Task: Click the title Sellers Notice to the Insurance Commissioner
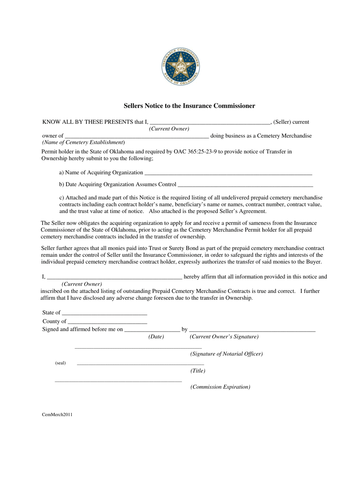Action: click(x=189, y=106)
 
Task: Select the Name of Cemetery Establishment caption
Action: click(x=83, y=142)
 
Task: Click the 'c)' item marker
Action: click(x=62, y=198)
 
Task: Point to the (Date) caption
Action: click(x=156, y=336)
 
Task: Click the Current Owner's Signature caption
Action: click(x=224, y=337)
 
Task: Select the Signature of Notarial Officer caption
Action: click(x=226, y=354)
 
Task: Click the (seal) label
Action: click(x=60, y=363)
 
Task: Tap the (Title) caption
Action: click(x=198, y=371)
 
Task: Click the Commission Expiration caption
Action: click(x=220, y=387)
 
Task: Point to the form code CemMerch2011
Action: click(x=57, y=415)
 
